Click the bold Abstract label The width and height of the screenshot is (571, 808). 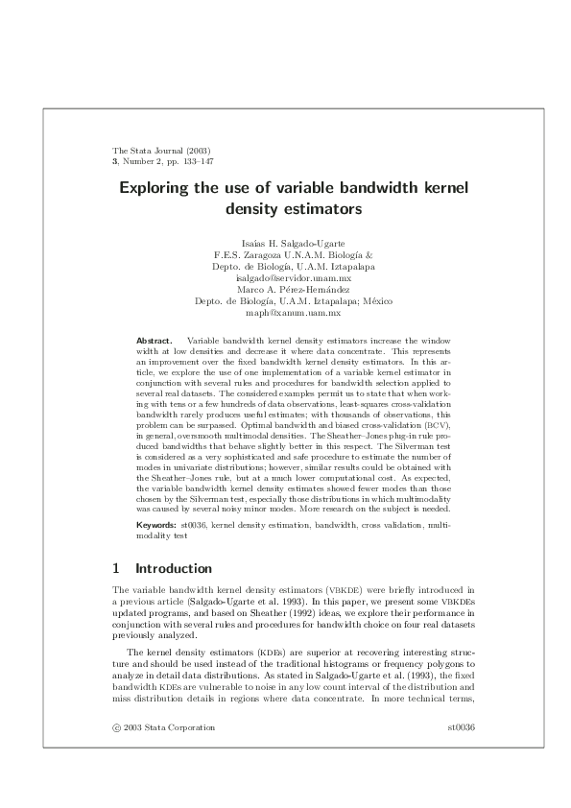[x=155, y=341]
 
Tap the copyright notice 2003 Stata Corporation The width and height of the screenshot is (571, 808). [x=169, y=727]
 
